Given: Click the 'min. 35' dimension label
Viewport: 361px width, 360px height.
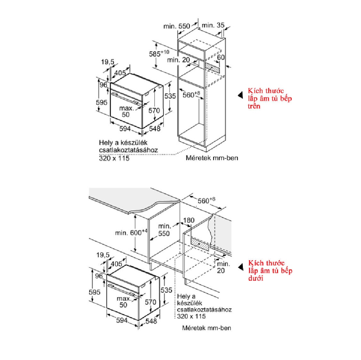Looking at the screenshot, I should tap(213, 25).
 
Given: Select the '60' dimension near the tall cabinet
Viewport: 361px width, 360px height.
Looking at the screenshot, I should tap(220, 57).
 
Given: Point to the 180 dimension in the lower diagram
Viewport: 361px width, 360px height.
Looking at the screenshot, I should tap(189, 220).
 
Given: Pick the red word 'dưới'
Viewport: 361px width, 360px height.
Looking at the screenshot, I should tap(256, 278).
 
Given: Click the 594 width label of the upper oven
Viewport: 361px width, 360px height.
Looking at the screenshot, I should tap(125, 128).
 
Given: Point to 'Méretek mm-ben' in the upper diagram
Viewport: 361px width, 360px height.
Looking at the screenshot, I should tap(212, 158).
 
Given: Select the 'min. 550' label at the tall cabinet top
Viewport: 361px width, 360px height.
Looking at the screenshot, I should tap(177, 25).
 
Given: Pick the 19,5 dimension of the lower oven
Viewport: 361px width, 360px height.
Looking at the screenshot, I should tap(103, 255).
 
